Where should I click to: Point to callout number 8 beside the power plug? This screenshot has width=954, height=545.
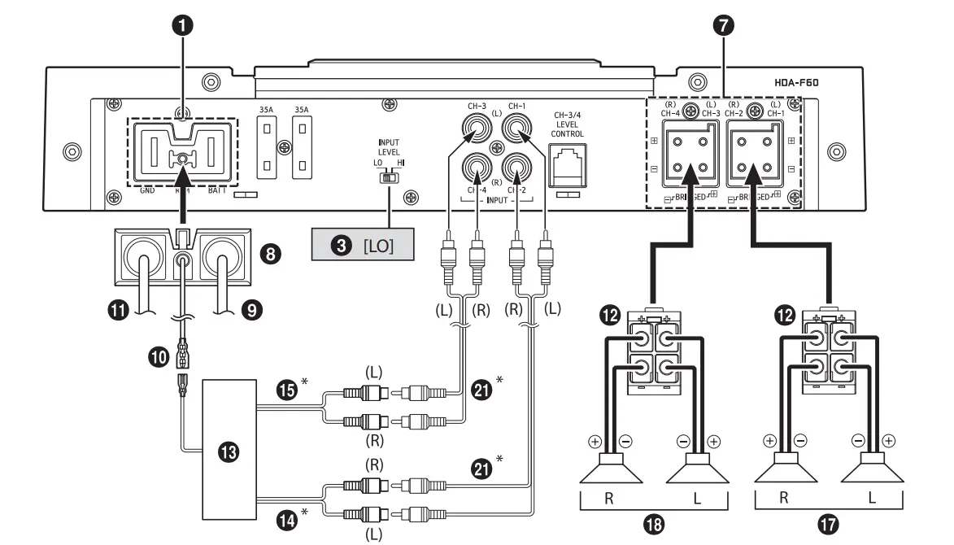click(270, 254)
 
